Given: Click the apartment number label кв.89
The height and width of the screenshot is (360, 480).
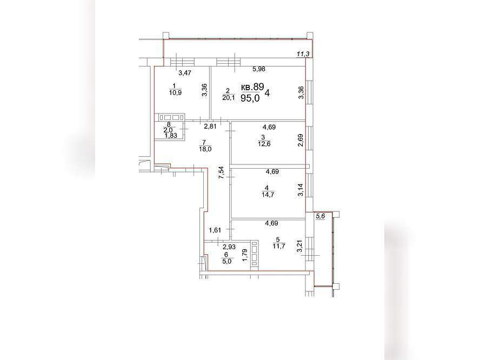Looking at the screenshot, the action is pos(252,86).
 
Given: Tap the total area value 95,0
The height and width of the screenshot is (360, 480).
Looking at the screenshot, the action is pos(250,98).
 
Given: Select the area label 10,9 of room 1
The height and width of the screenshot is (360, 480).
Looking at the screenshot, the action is pos(175,93).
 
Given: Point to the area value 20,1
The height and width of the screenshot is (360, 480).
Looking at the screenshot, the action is pos(229,98).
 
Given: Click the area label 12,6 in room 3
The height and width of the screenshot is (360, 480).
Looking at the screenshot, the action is pos(264,144).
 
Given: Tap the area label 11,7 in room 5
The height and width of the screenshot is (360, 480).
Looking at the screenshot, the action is pos(279,246).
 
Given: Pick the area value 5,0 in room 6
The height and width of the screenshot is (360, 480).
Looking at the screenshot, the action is pos(226,261).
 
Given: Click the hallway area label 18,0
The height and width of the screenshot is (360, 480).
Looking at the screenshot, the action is pos(205,149).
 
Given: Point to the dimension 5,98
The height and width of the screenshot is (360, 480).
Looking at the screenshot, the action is pos(259,69).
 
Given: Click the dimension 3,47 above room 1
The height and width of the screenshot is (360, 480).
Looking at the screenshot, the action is pos(185,73).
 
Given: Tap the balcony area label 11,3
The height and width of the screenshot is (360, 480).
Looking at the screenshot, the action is pos(303,54).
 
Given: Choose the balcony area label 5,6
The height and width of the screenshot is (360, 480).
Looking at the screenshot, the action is pos(320,216).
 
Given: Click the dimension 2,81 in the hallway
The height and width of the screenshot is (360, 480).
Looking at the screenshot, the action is pos(210,126).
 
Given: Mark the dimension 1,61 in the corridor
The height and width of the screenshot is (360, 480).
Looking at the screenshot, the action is pos(215,230).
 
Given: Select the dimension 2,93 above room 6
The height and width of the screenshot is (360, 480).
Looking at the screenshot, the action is pos(229,246).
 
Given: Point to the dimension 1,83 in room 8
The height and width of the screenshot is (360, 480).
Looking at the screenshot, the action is pos(171,136).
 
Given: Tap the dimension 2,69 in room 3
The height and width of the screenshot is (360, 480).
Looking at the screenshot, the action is pos(301,140).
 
